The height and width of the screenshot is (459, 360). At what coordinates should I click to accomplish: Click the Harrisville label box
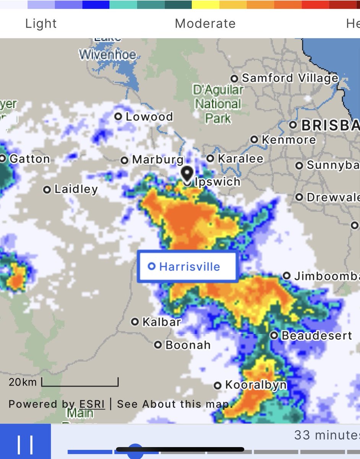coord(188,267)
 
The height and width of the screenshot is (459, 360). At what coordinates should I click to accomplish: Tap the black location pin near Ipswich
coord(187,174)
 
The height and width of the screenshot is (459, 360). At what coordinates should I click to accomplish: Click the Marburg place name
coord(157,160)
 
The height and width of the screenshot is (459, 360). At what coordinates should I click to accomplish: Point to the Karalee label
coord(240,158)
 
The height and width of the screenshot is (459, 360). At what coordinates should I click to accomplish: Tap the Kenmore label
coord(288,140)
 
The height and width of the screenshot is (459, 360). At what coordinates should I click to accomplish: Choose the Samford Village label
coord(289,78)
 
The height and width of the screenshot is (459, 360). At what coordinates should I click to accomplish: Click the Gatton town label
coord(29,159)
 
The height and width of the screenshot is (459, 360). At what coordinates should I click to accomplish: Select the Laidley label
coord(76,189)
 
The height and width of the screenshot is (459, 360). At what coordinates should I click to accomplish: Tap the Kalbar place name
coord(161,322)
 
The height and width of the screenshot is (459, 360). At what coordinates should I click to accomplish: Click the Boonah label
coord(188,345)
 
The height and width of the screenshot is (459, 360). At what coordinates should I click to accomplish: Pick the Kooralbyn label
coord(255,385)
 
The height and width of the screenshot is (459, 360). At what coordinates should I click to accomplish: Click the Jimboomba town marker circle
coord(287,276)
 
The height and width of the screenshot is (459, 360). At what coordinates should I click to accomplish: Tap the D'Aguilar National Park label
coord(218,104)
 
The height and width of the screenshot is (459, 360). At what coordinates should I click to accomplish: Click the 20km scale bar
coord(80,382)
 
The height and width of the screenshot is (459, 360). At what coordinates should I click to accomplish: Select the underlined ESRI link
coord(92,404)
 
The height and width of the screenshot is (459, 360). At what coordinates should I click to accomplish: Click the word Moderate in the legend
coord(205,24)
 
